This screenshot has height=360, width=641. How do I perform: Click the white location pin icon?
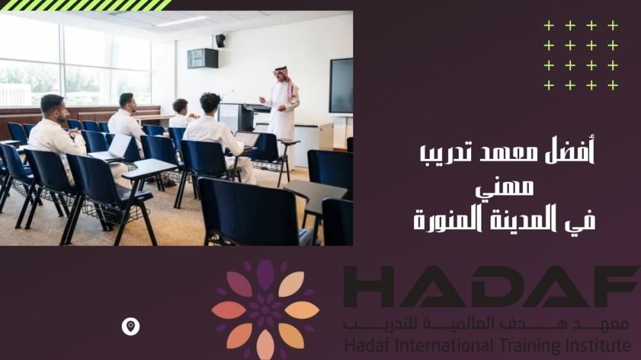(131, 327)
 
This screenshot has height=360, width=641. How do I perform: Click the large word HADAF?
(490, 287)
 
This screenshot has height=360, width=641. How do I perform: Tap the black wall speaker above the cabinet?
(221, 40)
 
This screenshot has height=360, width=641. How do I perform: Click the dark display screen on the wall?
(341, 85)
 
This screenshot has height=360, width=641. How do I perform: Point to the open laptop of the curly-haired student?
(247, 139)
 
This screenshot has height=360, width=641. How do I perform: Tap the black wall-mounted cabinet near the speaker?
(202, 58)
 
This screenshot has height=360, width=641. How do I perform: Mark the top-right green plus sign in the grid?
(613, 26)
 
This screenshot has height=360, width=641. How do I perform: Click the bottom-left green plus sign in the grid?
(549, 85)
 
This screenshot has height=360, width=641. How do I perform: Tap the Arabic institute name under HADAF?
(487, 325)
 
